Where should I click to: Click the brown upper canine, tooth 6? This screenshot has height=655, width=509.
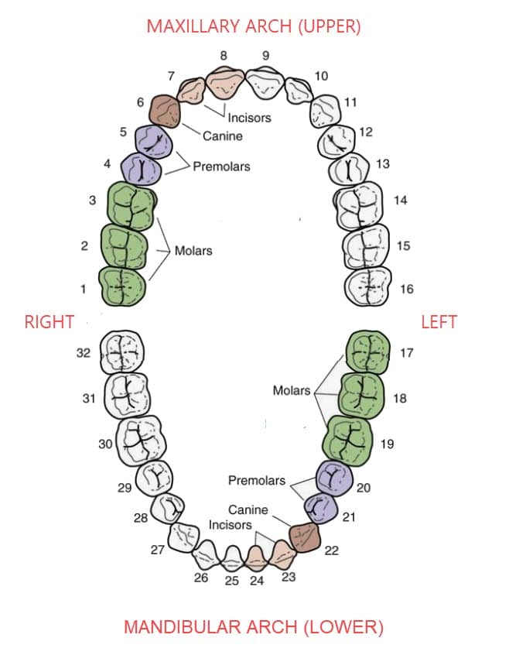(x=166, y=112)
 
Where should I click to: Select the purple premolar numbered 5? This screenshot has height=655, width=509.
(x=152, y=139)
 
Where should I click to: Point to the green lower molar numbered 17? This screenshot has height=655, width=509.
(x=367, y=352)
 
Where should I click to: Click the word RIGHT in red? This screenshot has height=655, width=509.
(x=50, y=321)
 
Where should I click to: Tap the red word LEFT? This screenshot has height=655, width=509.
(x=439, y=321)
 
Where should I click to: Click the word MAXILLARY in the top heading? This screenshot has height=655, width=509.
(x=189, y=26)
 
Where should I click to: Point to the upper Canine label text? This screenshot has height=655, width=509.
(x=223, y=136)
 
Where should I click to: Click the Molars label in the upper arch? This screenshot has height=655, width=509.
(x=193, y=251)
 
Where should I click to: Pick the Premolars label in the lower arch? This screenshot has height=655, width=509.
(x=256, y=481)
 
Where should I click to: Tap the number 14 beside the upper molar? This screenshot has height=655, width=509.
(x=400, y=201)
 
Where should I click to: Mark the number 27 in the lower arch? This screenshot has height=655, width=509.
(x=158, y=550)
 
